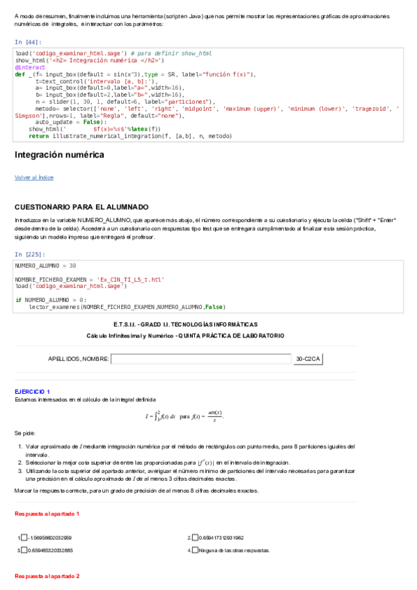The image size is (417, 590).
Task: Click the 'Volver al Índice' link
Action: click(x=33, y=177)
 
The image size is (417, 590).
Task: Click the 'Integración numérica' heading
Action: click(x=59, y=154)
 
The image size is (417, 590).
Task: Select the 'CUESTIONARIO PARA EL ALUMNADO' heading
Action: click(x=81, y=207)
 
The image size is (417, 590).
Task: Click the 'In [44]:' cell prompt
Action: click(x=28, y=42)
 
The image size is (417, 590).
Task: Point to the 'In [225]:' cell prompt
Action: click(x=30, y=255)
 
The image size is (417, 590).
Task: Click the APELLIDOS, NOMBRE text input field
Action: click(x=200, y=359)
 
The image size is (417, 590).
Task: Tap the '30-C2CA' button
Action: click(x=308, y=359)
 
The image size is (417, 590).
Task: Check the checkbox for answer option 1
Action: click(x=26, y=538)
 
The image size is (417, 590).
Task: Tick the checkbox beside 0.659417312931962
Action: click(x=195, y=538)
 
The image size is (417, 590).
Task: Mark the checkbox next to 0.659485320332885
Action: click(x=26, y=550)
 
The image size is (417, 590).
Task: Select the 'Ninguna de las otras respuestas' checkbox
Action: click(x=195, y=550)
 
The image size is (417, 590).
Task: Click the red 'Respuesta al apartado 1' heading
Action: click(x=47, y=513)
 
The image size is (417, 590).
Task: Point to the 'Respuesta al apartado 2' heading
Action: click(x=47, y=577)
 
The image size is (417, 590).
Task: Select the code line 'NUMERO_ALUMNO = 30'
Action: click(x=45, y=266)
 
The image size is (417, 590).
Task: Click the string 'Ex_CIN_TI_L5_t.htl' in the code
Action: click(x=130, y=280)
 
